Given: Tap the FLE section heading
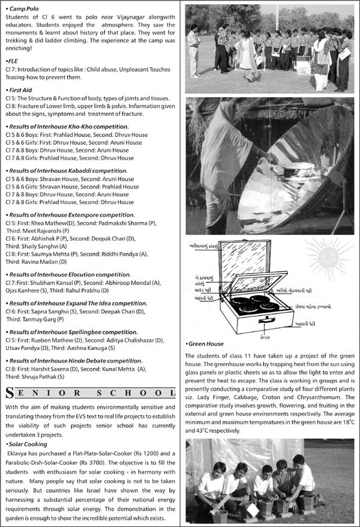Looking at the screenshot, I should click(x=11, y=61).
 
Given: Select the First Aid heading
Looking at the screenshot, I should click(x=23, y=89).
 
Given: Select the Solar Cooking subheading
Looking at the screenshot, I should click(x=29, y=444).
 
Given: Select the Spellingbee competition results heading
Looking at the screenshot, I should click(x=75, y=332).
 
